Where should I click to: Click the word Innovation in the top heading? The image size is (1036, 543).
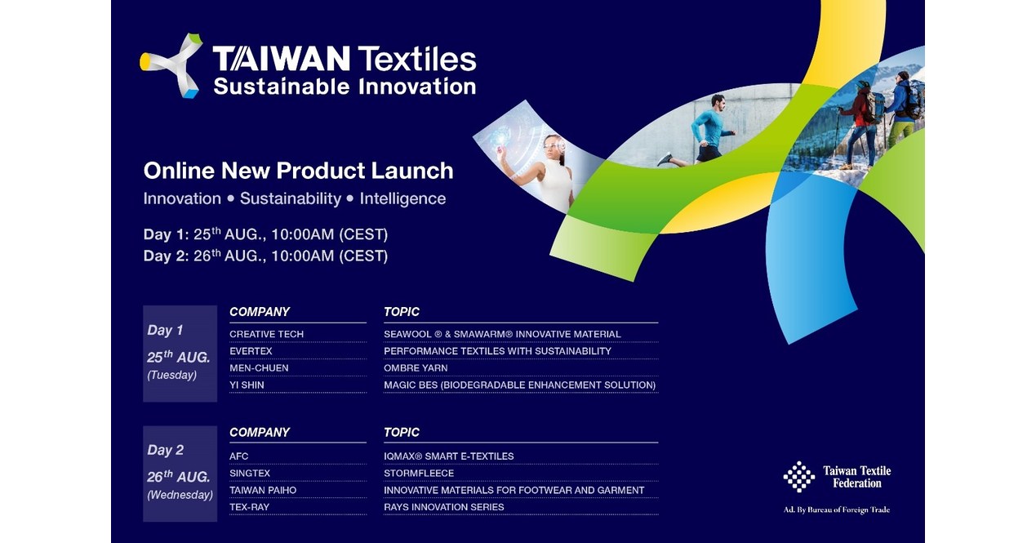point(412,86)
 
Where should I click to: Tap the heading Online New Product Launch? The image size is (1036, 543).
point(298,171)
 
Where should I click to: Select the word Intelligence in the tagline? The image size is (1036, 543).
point(402,198)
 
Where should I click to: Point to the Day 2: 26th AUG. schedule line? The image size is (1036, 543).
point(265,256)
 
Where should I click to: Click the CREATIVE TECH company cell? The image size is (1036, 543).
point(266,334)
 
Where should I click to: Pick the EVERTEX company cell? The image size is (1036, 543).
point(251,351)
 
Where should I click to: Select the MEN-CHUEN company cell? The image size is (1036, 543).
point(259,368)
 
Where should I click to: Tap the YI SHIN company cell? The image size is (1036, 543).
point(247,385)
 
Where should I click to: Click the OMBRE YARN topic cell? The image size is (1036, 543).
point(416,368)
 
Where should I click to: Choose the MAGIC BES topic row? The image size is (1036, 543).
point(519,385)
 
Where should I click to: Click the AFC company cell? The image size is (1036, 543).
point(238,456)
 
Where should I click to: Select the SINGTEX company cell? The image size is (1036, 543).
point(250,474)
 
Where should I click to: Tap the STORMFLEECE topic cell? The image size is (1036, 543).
point(419,474)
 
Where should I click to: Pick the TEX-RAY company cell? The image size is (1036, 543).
point(249,507)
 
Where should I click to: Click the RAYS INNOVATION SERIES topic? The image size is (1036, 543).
point(444,507)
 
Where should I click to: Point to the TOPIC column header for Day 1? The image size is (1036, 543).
point(402,312)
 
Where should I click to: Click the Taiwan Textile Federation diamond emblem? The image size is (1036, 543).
point(798,477)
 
